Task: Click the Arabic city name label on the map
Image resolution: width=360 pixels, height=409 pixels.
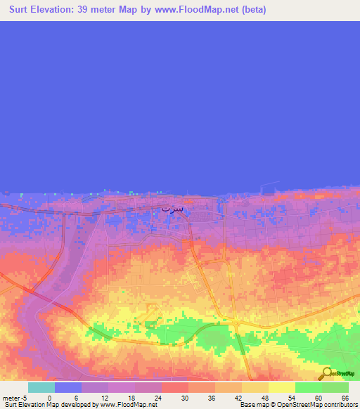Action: coord(172,209)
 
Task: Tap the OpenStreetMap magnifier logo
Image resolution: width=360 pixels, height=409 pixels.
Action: coord(326,375)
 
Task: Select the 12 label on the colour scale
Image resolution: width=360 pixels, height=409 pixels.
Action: coord(103,398)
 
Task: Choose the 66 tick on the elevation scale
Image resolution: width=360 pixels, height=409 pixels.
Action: coord(344,398)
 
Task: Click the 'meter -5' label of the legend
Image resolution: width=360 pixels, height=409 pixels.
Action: coord(14,398)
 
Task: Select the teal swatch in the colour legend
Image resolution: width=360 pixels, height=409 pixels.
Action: coord(41,387)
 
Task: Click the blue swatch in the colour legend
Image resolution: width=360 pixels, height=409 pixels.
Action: coord(68,387)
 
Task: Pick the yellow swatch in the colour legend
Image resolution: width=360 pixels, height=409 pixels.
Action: coord(282,387)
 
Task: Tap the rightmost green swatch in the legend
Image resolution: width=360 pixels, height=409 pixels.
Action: coord(335,387)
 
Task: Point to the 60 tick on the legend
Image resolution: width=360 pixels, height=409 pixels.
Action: coord(317,398)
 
